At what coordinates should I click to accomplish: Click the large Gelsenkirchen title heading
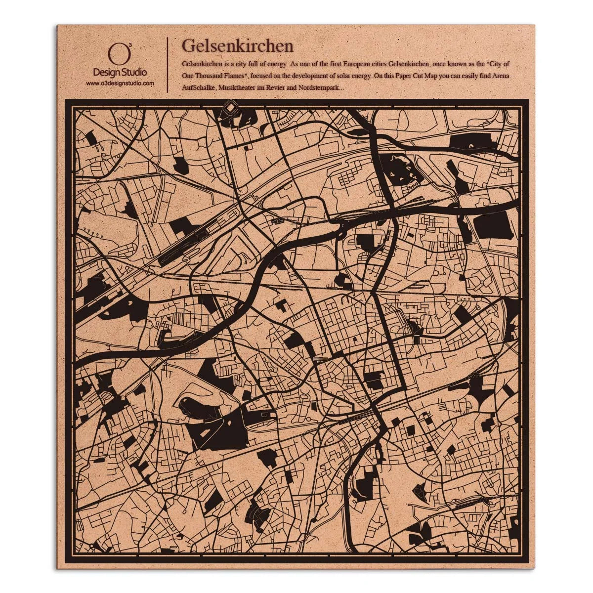coord(238,46)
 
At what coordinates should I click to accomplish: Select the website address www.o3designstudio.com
coord(120,84)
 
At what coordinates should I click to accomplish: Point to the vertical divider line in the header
coord(168,64)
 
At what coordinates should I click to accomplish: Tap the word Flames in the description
coord(236,76)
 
